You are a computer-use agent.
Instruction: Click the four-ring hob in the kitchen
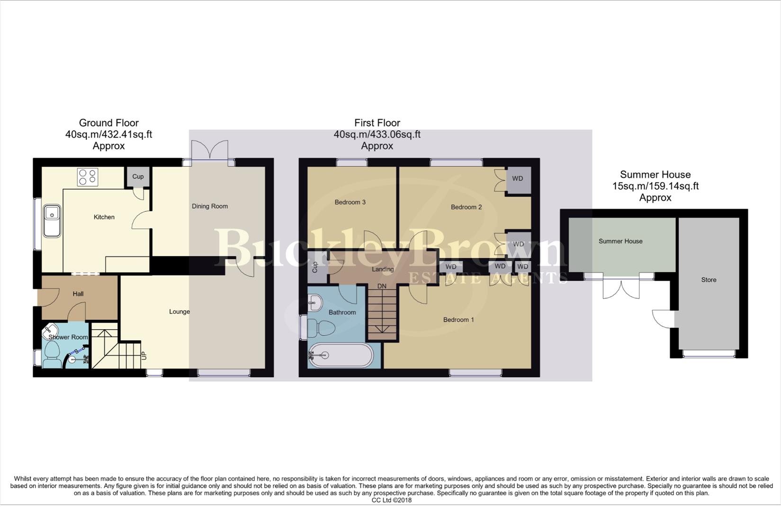pyautogui.click(x=88, y=177)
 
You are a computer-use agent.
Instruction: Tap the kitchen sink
pyautogui.click(x=52, y=220)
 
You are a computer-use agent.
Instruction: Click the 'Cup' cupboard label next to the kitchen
pyautogui.click(x=138, y=176)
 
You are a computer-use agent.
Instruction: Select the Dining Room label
pyautogui.click(x=209, y=206)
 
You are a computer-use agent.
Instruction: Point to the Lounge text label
pyautogui.click(x=180, y=312)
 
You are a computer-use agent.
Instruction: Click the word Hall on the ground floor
pyautogui.click(x=78, y=294)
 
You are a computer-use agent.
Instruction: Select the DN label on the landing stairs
pyautogui.click(x=382, y=286)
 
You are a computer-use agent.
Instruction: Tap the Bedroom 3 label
pyautogui.click(x=350, y=203)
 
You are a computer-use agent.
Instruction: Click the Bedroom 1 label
pyautogui.click(x=458, y=320)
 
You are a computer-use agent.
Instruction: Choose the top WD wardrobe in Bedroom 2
pyautogui.click(x=518, y=179)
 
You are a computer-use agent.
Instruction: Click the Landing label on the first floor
pyautogui.click(x=383, y=269)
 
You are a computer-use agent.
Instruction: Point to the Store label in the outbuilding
pyautogui.click(x=709, y=280)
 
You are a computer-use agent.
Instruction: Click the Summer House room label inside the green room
pyautogui.click(x=620, y=241)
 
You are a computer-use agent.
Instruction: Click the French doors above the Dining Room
pyautogui.click(x=210, y=151)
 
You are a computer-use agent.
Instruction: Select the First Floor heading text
pyautogui.click(x=377, y=123)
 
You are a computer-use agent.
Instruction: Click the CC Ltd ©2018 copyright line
pyautogui.click(x=391, y=500)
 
